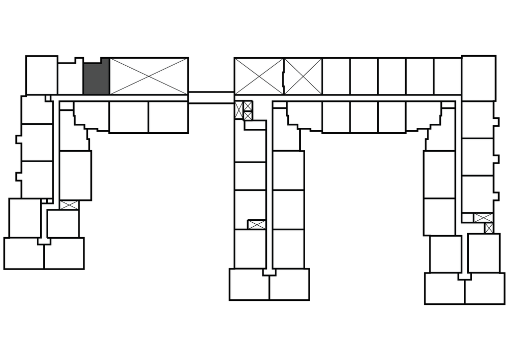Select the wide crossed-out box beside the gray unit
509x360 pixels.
[x=149, y=76]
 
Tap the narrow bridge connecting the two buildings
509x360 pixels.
[x=211, y=97]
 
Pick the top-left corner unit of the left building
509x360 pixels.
[x=41, y=75]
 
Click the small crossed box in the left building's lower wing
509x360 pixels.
[x=69, y=205]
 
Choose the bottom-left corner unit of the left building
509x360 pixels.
[x=24, y=253]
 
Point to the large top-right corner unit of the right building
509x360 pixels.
[x=478, y=75]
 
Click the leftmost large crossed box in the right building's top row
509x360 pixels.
[x=258, y=76]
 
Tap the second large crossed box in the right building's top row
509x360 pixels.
[x=303, y=76]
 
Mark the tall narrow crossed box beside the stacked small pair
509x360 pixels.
[x=239, y=110]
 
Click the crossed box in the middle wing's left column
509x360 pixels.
[x=257, y=224]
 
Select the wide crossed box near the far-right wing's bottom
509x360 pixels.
[x=483, y=217]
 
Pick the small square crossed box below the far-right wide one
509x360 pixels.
[x=489, y=228]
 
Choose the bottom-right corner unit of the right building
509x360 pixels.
[x=484, y=288]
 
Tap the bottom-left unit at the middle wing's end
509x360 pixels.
[x=250, y=285]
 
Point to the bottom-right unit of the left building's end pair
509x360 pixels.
[x=64, y=253]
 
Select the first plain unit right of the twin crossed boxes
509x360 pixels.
[x=336, y=76]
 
